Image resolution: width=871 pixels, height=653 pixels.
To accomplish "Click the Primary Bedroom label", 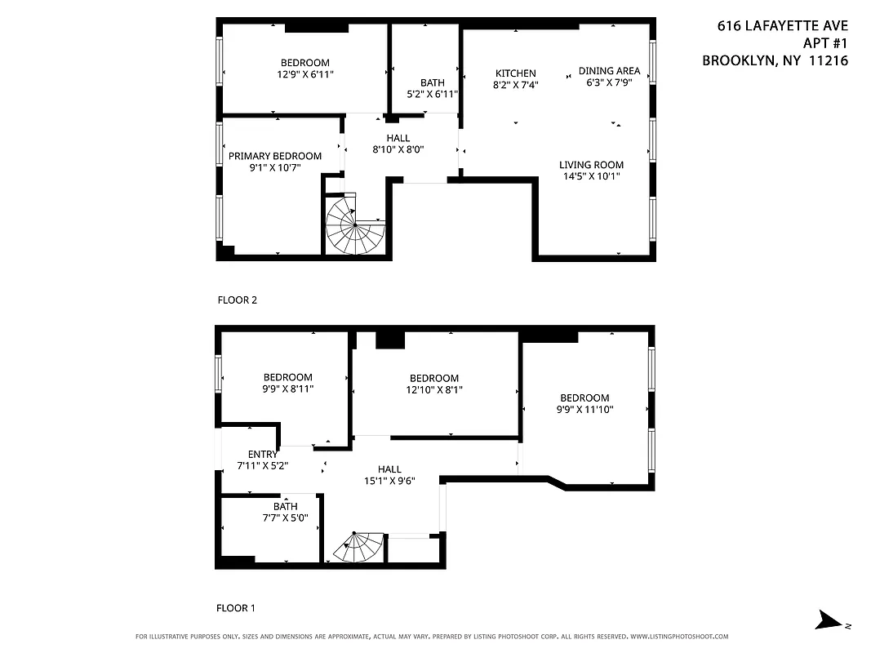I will click(x=274, y=156).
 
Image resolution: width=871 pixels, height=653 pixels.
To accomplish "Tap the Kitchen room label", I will click(x=515, y=73).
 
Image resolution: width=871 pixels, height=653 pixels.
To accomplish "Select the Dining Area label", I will click(x=609, y=70).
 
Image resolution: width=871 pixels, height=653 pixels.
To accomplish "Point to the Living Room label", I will click(x=591, y=164).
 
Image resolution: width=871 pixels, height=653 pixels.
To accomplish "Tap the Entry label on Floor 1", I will click(x=262, y=455).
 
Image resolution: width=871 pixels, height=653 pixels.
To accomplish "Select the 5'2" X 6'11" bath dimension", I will click(x=432, y=94).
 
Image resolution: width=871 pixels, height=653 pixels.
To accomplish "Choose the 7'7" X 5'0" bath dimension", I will click(x=285, y=518).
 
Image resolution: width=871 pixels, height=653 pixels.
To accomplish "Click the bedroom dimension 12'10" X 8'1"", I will click(x=433, y=389).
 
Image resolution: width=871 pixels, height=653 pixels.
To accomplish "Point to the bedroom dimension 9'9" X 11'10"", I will click(x=584, y=409).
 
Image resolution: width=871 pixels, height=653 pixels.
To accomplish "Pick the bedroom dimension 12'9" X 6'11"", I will click(x=304, y=74).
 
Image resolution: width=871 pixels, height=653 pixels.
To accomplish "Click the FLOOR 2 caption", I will click(x=237, y=300).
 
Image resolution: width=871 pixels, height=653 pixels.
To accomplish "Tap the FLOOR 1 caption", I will click(x=236, y=608).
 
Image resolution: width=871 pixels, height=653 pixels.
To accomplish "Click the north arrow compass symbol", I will click(x=831, y=621).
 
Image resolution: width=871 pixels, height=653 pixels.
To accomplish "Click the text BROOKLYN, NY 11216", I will click(x=775, y=60).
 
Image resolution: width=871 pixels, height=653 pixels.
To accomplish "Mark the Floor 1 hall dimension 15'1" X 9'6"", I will click(x=389, y=481).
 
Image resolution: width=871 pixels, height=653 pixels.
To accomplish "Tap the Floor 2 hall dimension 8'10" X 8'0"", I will click(x=398, y=149).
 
